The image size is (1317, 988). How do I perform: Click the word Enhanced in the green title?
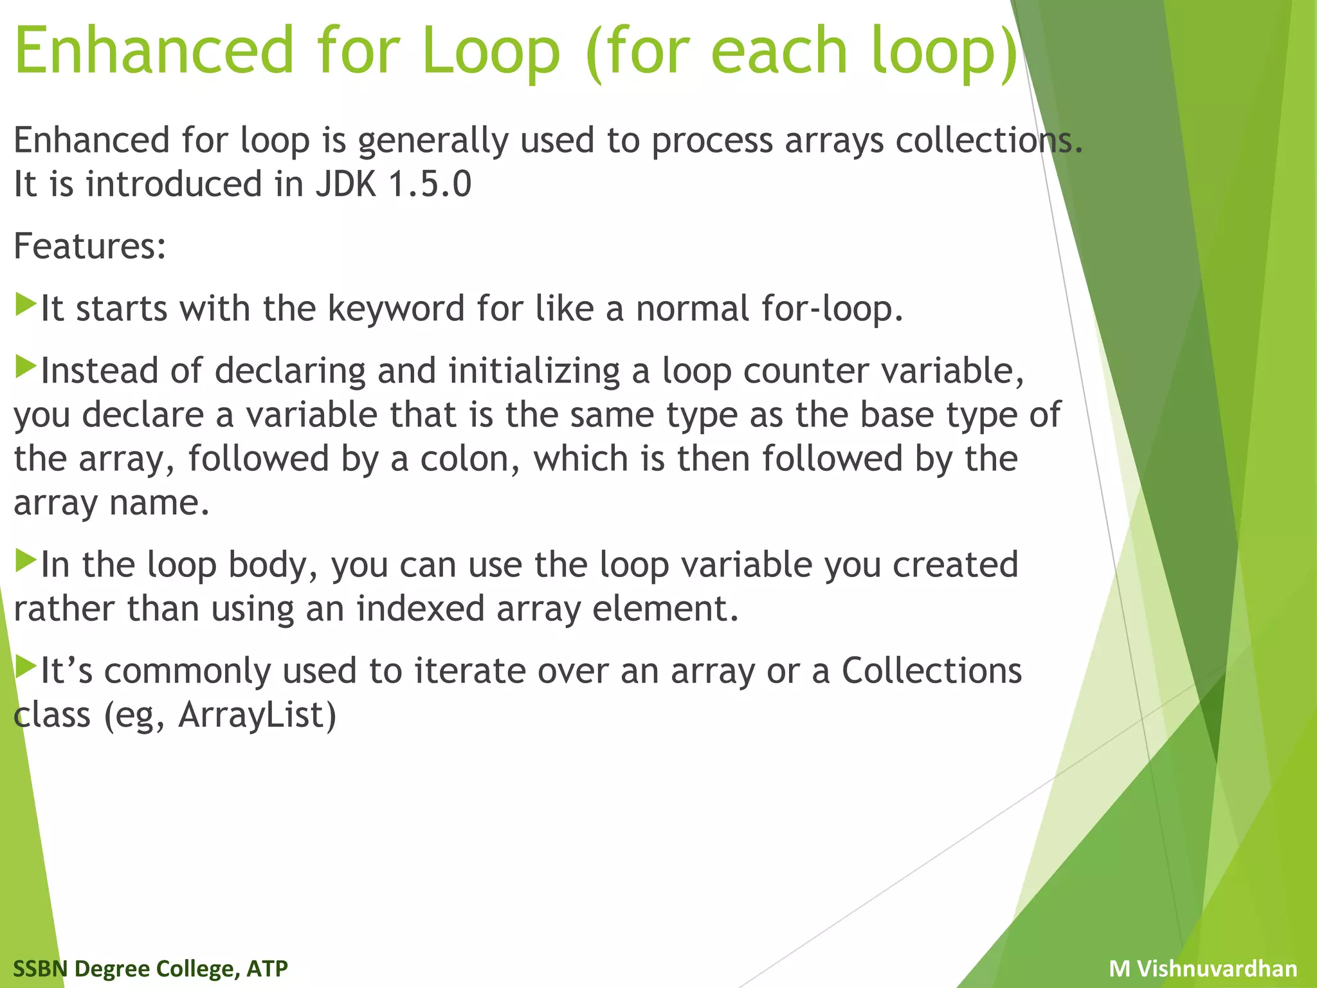[x=154, y=50]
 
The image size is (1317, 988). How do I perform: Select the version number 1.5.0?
[x=430, y=185]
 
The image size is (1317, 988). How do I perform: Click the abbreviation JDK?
[x=345, y=185]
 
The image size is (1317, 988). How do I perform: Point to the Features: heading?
[x=90, y=246]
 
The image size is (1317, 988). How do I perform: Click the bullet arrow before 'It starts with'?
[x=25, y=304]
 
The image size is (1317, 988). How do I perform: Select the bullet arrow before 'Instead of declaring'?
[x=25, y=367]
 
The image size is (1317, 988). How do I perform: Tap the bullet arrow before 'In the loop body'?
[x=25, y=560]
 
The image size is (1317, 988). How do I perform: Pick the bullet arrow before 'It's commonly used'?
[x=25, y=666]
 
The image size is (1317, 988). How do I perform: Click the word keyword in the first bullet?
[x=395, y=309]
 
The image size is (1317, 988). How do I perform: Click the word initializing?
[x=534, y=372]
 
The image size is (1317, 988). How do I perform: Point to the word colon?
[x=469, y=459]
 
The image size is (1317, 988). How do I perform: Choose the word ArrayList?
[x=257, y=715]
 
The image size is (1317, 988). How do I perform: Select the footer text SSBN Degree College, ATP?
[x=150, y=969]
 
